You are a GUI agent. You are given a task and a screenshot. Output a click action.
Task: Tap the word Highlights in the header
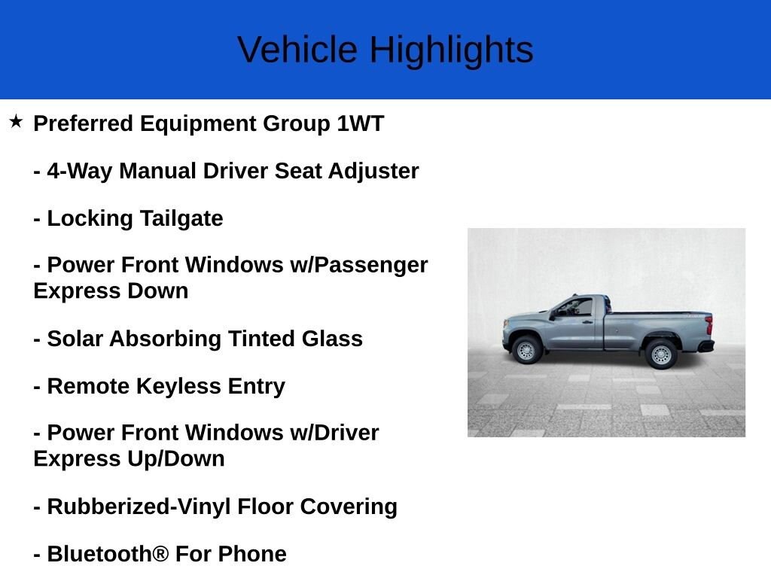(x=451, y=50)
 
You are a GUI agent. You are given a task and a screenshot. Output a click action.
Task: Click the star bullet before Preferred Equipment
(x=16, y=121)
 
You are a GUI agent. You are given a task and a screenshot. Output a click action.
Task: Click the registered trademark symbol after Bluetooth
(x=160, y=554)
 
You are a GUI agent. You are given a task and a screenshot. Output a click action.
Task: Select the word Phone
(x=252, y=554)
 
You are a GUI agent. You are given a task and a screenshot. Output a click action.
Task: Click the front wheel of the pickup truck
(x=526, y=351)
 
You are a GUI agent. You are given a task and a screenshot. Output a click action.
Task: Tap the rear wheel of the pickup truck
(x=661, y=354)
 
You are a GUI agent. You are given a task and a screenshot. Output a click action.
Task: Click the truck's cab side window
(x=577, y=307)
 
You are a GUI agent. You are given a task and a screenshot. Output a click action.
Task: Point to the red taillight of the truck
(x=709, y=325)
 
